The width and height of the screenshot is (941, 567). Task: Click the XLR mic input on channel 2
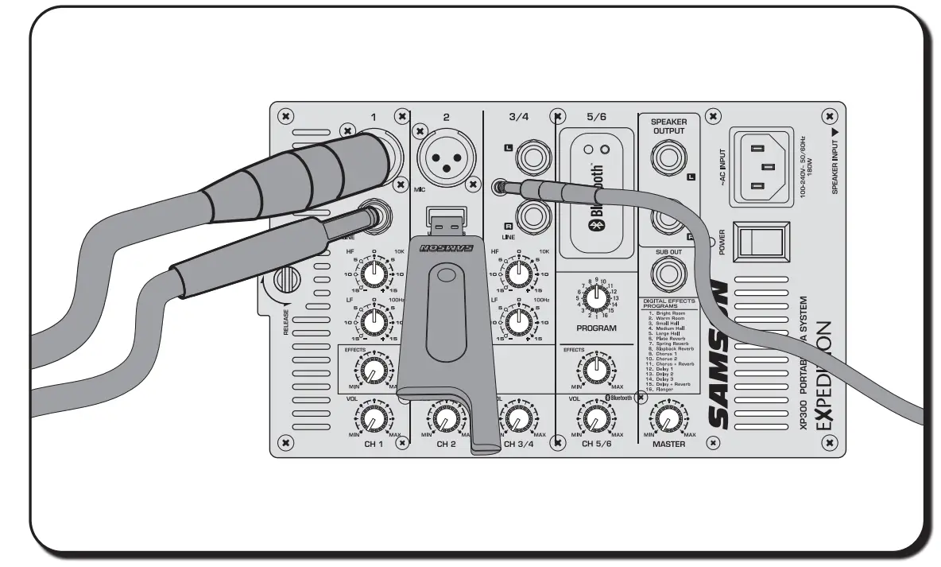pos(446,153)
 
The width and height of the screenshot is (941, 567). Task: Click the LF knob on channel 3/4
pos(518,320)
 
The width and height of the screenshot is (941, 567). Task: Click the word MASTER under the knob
pos(668,445)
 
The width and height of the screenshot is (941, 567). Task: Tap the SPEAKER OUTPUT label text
pos(668,126)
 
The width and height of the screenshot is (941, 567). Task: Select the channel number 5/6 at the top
pos(596,117)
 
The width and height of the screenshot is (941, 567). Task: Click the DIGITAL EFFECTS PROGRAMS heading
pos(668,303)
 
